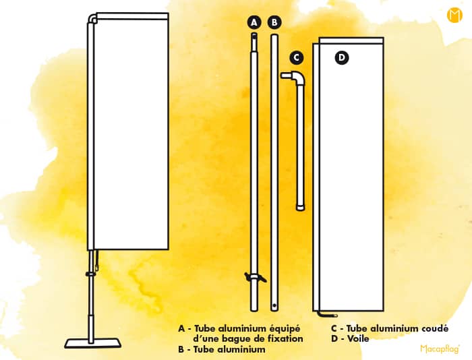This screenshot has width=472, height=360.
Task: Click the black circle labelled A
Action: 254,22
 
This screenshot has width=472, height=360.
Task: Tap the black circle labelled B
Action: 274,22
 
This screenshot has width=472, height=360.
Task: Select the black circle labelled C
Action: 297,57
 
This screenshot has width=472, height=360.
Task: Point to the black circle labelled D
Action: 342,57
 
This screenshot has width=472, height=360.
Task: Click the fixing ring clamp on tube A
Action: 255,277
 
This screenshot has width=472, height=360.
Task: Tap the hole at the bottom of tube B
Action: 274,305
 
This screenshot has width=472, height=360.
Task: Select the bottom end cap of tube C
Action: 300,208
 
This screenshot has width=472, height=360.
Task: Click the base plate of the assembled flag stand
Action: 93,343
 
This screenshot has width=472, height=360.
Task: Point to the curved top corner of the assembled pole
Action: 92,19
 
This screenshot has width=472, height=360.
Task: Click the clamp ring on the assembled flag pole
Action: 90,274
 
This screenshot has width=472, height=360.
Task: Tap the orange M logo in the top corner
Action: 454,15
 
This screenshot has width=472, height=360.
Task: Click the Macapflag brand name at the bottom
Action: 440,349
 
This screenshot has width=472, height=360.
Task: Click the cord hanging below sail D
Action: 328,315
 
